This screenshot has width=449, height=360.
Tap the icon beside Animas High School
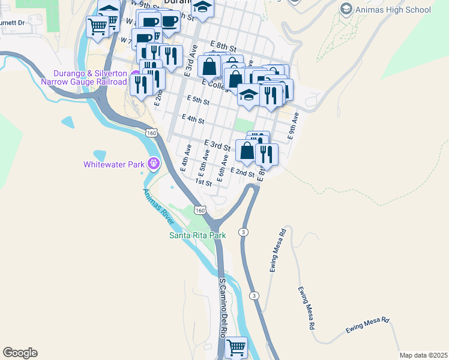(346, 9)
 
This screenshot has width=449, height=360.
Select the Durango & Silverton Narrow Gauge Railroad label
(83, 77)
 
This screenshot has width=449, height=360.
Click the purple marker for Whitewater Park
(154, 163)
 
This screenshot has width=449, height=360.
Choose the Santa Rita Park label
(197, 235)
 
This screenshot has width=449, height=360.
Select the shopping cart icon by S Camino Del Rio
(236, 347)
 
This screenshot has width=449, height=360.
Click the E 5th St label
(198, 101)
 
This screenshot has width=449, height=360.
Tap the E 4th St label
(192, 119)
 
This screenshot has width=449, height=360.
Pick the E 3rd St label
(217, 145)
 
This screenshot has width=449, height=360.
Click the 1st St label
(203, 182)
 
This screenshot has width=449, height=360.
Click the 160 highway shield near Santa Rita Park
(200, 211)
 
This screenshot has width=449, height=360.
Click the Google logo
(20, 353)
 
